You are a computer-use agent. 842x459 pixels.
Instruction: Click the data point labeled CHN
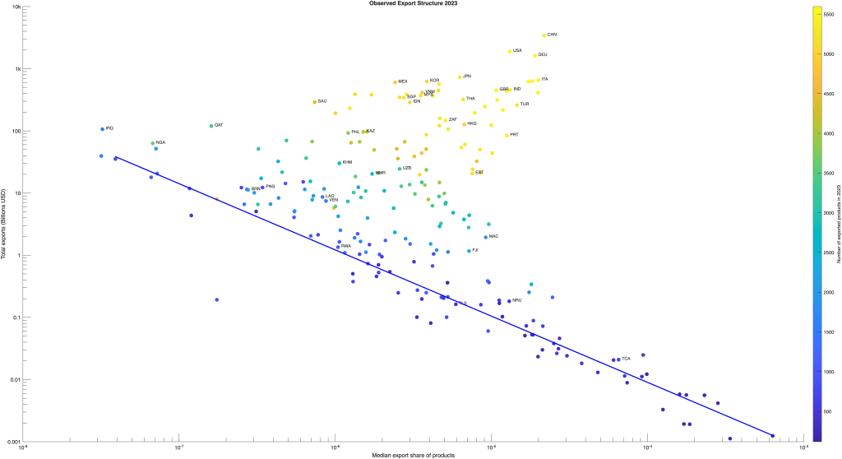pos(544,35)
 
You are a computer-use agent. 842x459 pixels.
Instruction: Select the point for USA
pos(510,51)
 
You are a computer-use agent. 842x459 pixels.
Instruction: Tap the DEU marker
pos(535,55)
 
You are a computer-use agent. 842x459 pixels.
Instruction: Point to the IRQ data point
pos(103,129)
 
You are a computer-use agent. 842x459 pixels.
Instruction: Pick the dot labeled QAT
pos(211,126)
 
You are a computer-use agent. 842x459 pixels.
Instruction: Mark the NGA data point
pos(153,143)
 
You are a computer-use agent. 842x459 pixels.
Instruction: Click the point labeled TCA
pos(619,359)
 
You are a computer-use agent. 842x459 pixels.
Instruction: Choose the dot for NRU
pos(509,301)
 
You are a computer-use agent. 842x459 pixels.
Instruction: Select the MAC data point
pos(486,237)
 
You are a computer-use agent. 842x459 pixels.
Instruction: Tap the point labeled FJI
pos(469,251)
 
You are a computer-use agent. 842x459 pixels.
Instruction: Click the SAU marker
pos(315,102)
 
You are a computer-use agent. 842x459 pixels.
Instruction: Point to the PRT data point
pos(507,135)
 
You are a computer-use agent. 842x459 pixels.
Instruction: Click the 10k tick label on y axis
pos(25,7)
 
